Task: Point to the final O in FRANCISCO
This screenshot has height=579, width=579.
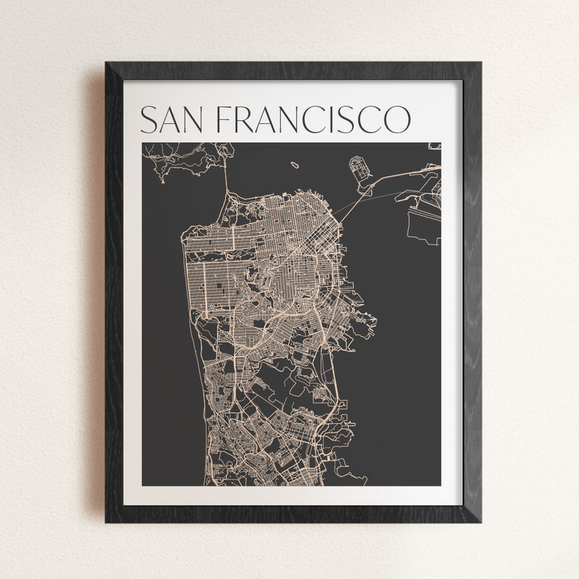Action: tap(396, 120)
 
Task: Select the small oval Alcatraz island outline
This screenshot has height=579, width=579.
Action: tap(295, 164)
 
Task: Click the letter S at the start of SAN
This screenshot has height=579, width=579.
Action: tap(148, 120)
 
